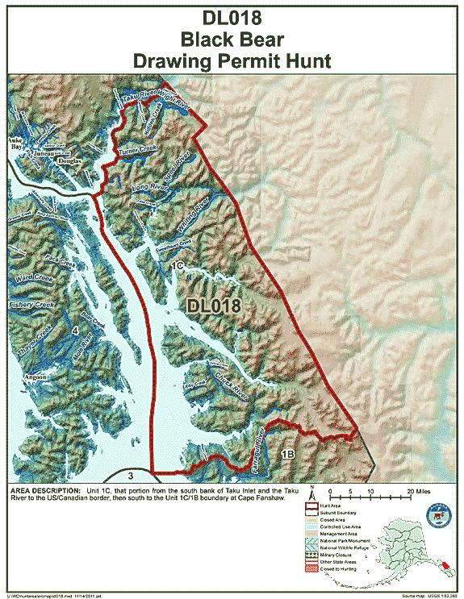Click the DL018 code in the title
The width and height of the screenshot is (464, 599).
pos(231,19)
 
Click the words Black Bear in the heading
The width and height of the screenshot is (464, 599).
pos(231,39)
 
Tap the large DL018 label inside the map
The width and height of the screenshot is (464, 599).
pos(214,306)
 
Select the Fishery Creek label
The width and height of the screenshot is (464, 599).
pos(31,306)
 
